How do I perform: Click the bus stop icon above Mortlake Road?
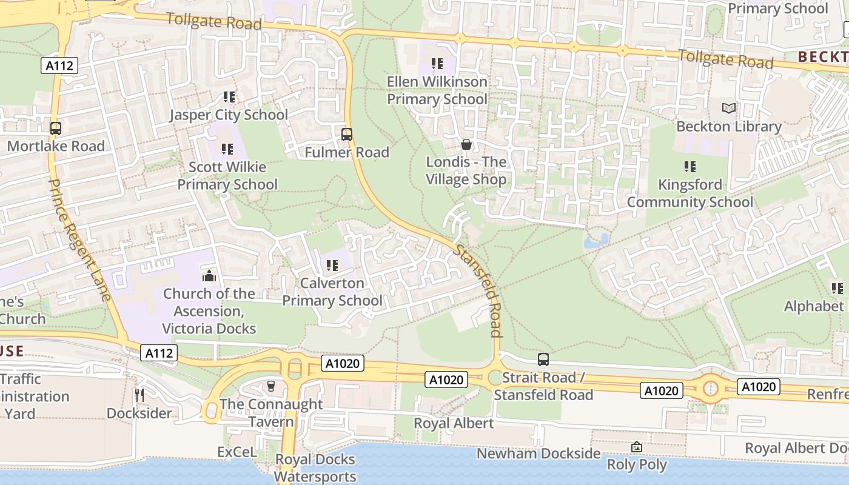pos(55,129)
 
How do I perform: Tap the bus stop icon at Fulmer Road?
pos(347,135)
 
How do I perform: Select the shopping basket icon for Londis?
pos(466,144)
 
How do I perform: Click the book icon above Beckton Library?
pos(729,109)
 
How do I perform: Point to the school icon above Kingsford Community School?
pos(690,166)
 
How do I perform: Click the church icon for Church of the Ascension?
pos(209,276)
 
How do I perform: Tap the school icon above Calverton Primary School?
pos(332,265)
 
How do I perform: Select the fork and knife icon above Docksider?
pos(139,395)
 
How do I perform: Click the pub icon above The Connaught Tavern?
pos(271,386)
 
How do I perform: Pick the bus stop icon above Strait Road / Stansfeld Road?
pos(543,360)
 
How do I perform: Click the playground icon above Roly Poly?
pos(637,447)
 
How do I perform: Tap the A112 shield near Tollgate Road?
pos(60,65)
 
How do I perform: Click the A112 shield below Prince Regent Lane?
pos(159,353)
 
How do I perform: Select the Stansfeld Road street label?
pos(479,290)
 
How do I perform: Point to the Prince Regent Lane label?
pos(79,239)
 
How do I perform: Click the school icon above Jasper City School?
pos(229,96)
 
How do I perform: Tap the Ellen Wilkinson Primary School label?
pos(437,90)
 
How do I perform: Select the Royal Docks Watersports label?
pos(315,467)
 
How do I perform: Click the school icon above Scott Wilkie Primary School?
pos(227,149)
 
